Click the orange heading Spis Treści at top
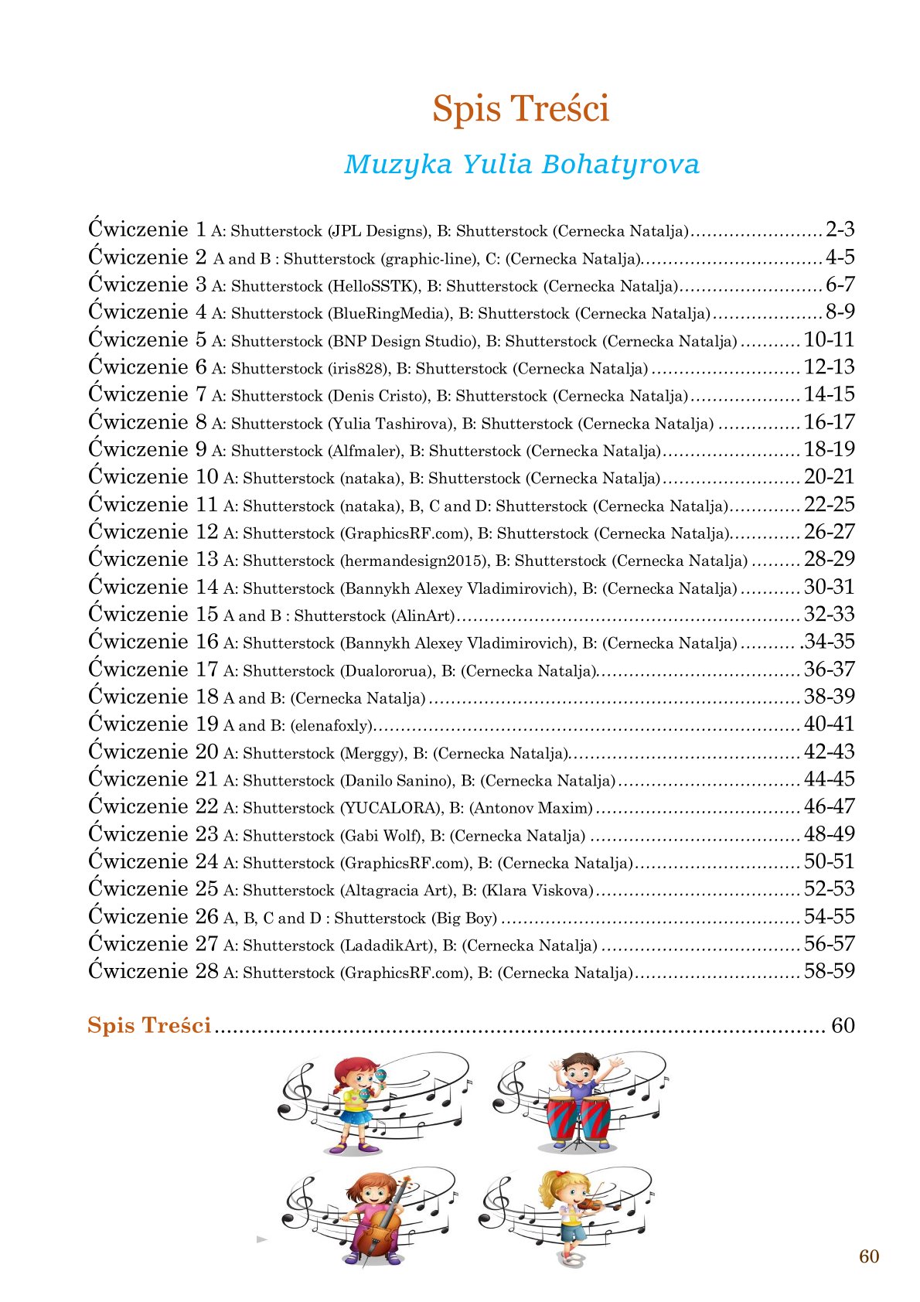coord(520,108)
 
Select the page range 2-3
coord(840,230)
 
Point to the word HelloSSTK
coord(374,286)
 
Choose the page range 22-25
coord(829,505)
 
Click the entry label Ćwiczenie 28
coord(153,971)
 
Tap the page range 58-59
coord(829,971)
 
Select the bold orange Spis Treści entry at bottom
coord(149,1026)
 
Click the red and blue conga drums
coord(579,1117)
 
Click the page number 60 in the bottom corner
coord(868,1256)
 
